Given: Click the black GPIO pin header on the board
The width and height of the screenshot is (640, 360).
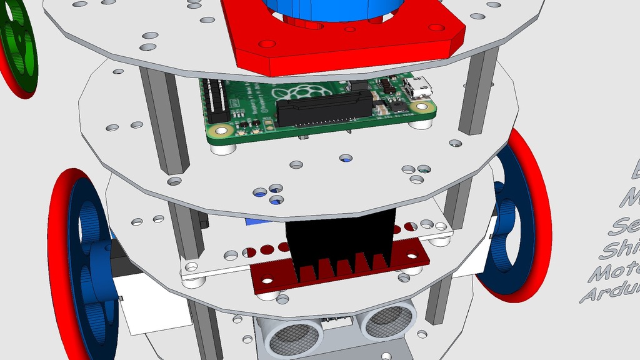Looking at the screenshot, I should pos(217,100).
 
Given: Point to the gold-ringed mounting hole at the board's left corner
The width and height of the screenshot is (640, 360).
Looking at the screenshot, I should pos(219,131).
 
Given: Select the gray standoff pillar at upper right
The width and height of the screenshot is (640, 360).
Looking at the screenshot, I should pos(477,94).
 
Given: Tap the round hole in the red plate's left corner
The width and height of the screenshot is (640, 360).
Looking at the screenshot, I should pos(267,45).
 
